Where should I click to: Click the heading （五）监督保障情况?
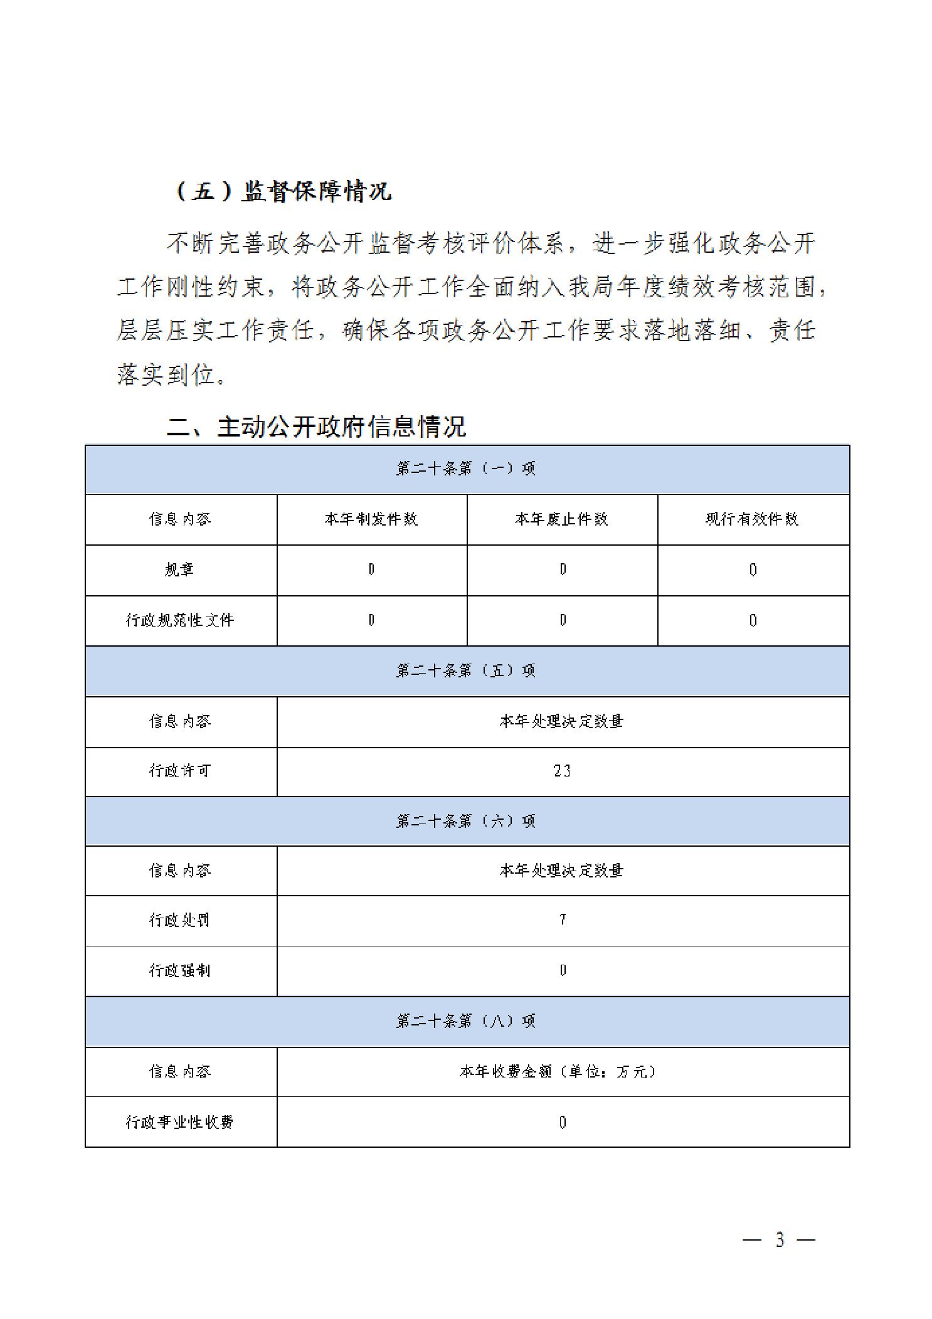282,191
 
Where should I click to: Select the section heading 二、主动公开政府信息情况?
316,426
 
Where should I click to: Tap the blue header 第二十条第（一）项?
467,469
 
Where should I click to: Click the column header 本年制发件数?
371,519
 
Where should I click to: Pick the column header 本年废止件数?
562,519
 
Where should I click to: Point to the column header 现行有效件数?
753,519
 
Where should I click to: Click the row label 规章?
180,569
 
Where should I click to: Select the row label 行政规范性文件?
180,620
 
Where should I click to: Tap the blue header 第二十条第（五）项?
467,670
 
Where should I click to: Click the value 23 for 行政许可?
563,771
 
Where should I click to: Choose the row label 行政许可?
180,771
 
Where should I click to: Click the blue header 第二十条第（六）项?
467,821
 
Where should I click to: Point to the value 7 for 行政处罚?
563,920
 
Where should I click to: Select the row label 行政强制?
180,970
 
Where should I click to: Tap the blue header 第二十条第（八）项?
467,1021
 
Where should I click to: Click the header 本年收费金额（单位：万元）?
558,1071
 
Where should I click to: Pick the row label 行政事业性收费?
180,1122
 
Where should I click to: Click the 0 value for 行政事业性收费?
563,1122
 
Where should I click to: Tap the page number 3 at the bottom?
780,1240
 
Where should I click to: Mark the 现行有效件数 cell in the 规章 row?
753,569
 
